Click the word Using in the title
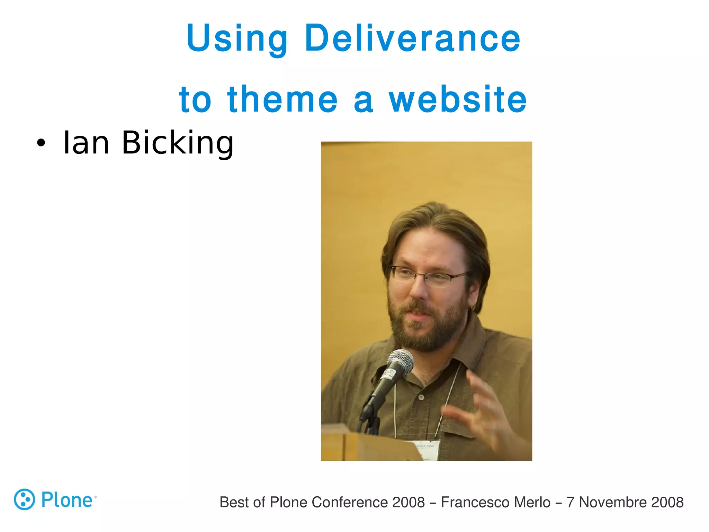[237, 39]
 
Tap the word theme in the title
[282, 99]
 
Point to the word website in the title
[457, 99]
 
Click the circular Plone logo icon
[24, 499]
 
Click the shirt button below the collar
[421, 397]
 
